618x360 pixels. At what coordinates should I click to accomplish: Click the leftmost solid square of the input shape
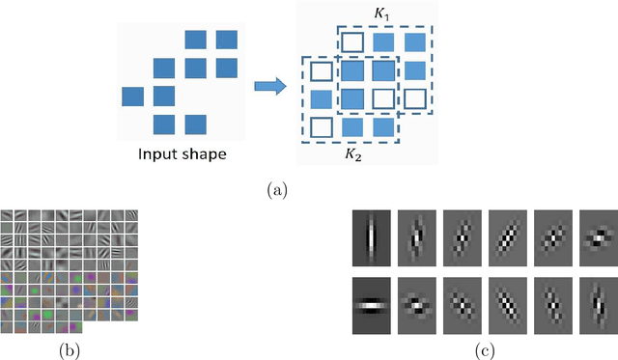point(134,97)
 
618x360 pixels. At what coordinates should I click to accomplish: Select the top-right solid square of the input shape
point(227,40)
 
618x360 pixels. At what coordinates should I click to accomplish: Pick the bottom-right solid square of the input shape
point(195,125)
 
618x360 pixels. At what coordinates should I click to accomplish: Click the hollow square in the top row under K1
point(352,42)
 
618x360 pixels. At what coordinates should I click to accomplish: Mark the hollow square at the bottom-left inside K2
point(322,126)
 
